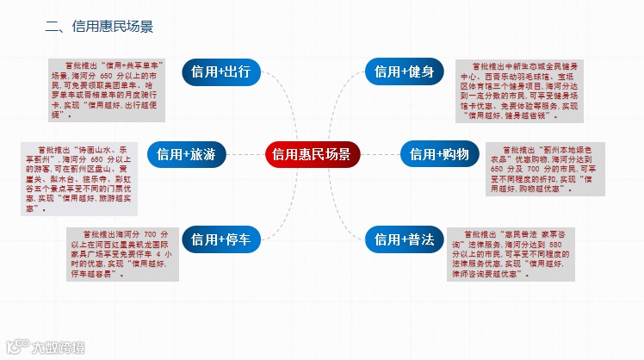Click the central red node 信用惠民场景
coord(312,155)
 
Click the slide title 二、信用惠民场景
coord(99,28)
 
